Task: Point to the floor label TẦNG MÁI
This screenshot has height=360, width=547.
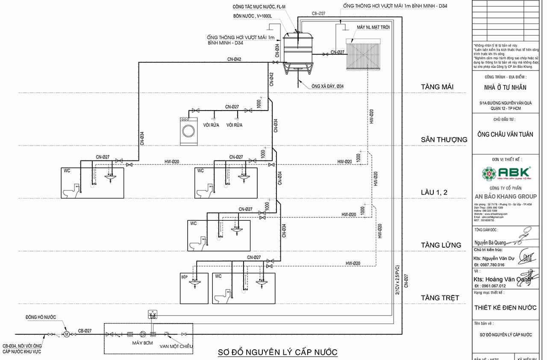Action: [437, 88]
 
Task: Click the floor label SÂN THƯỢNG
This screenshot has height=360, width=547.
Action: [444, 140]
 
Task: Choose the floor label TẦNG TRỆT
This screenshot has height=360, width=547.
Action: [440, 298]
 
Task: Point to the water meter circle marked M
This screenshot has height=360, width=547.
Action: [67, 334]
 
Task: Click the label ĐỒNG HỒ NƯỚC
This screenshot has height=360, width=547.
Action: [40, 317]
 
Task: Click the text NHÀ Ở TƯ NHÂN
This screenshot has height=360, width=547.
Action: [506, 88]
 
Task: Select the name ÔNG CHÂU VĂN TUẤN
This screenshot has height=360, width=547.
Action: [506, 135]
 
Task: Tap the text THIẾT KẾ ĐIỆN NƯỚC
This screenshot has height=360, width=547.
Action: [506, 307]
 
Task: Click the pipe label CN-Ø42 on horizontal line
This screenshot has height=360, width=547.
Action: [234, 59]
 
